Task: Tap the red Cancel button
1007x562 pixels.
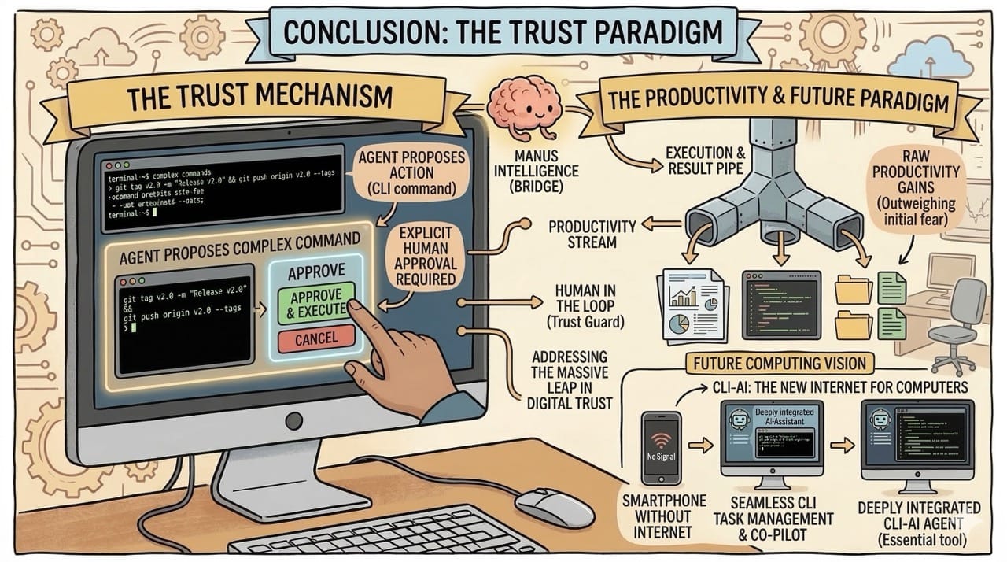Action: (316, 339)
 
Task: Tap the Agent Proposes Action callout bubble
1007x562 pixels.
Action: (411, 171)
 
